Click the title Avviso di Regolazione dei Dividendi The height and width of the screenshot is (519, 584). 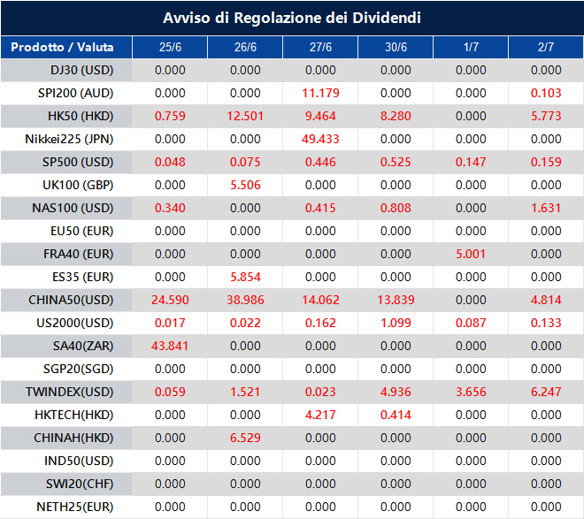(291, 18)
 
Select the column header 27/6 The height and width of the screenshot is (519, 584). (320, 47)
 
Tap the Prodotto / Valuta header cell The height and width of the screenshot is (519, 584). (66, 47)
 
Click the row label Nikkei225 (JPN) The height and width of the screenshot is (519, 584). (70, 139)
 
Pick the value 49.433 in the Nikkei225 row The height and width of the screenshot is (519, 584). (320, 139)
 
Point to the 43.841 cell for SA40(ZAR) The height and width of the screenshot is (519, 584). (170, 346)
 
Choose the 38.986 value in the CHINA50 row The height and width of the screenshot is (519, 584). (245, 300)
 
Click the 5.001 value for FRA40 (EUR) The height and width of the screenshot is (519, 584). (471, 254)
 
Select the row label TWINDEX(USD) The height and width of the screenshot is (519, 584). (70, 392)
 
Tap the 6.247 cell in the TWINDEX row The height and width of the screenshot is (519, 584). (545, 392)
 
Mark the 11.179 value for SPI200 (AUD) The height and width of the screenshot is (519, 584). (320, 93)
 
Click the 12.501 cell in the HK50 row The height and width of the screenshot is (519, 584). (245, 116)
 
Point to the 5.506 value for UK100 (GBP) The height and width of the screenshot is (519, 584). (245, 185)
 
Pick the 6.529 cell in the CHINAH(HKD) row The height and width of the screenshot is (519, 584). (245, 438)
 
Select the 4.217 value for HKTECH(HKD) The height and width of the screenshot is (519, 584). (320, 415)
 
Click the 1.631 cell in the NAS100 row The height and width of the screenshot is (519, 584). (545, 208)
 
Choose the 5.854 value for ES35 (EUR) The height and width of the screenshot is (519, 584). (245, 277)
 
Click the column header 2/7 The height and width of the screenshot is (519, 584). (545, 47)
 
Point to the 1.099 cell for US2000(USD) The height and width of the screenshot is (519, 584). (396, 323)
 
